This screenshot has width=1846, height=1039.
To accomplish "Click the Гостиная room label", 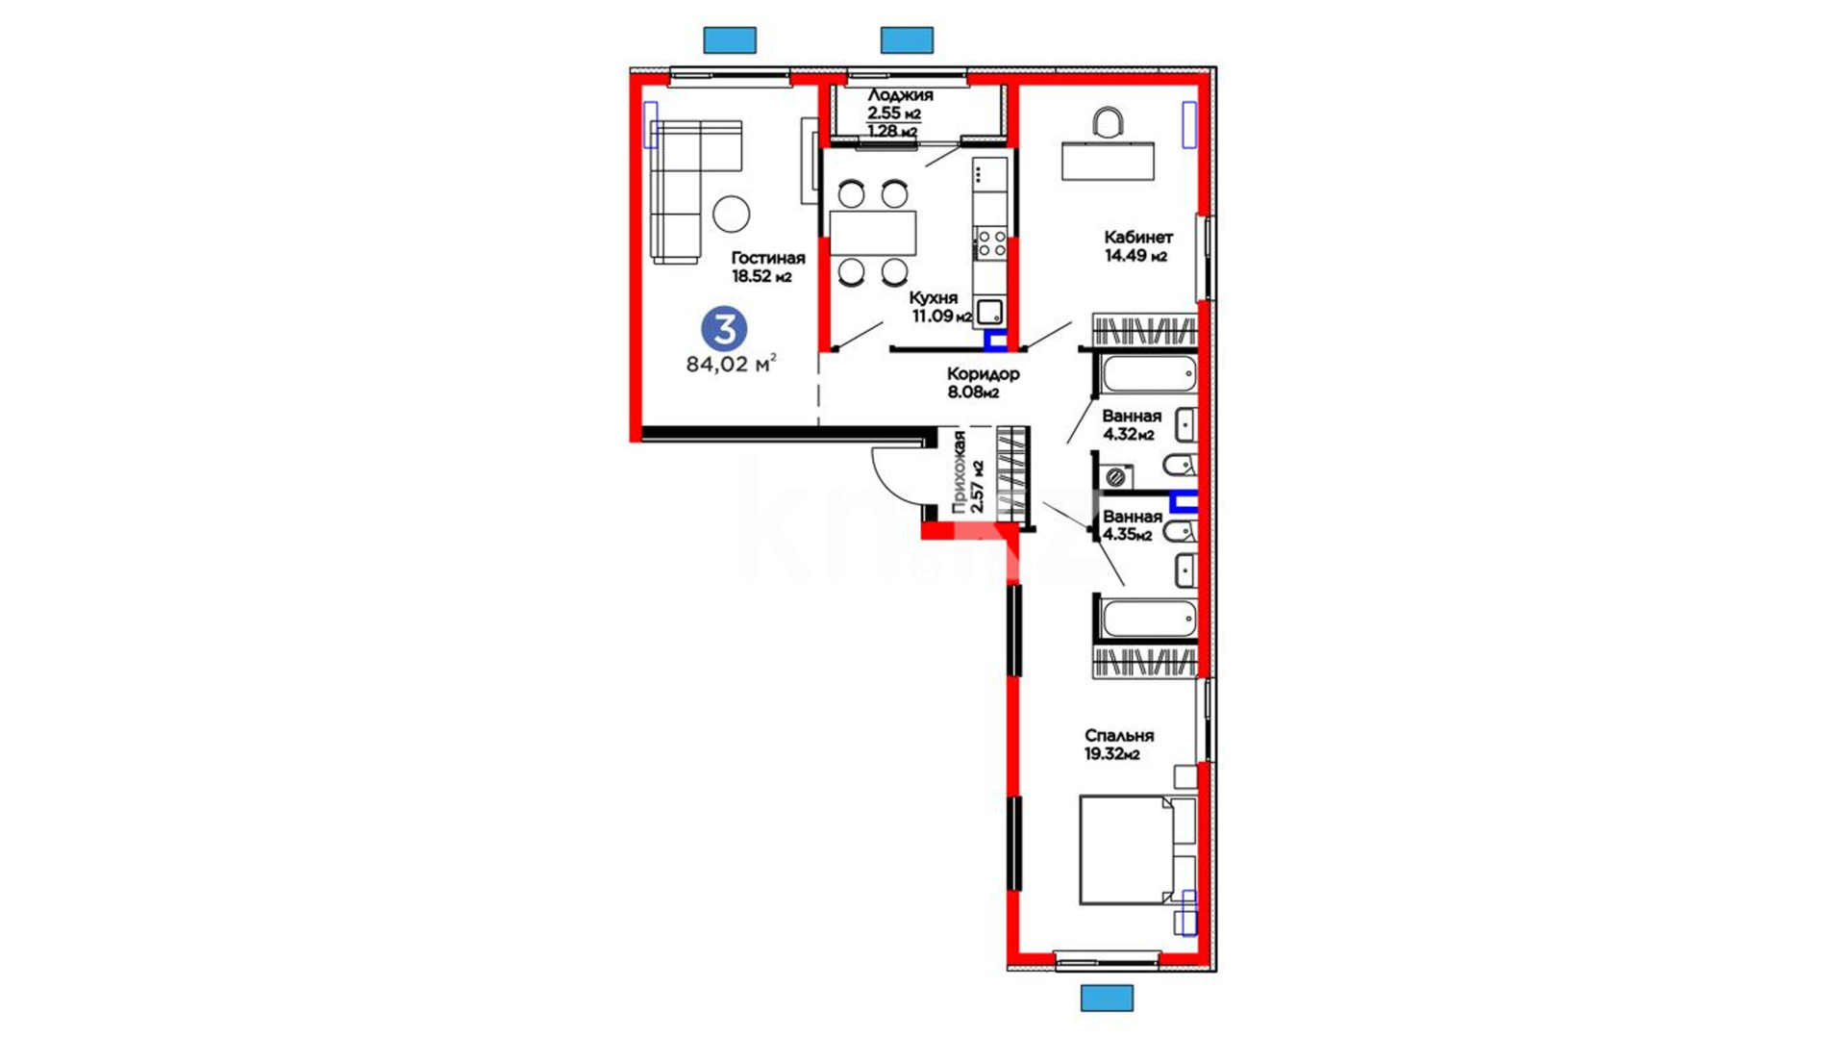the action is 767,258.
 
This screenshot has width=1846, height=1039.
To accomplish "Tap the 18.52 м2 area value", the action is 761,277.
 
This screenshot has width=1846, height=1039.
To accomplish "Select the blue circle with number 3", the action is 724,329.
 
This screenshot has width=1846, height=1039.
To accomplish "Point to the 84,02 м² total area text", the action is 731,365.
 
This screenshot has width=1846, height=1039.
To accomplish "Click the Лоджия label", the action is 900,95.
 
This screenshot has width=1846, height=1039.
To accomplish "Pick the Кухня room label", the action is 933,298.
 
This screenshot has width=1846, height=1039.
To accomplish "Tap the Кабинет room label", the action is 1138,237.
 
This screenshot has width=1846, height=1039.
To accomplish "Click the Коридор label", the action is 983,373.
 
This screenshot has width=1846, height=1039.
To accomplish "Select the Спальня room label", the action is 1119,736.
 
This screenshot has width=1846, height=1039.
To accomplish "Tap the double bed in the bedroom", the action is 1137,849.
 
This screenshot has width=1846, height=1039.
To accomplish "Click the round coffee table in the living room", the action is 732,214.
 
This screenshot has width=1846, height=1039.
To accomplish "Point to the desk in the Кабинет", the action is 1108,161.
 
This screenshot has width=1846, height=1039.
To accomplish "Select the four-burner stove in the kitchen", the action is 991,243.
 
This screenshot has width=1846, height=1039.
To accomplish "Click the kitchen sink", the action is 990,312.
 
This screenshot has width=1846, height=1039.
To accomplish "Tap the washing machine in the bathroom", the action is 1116,476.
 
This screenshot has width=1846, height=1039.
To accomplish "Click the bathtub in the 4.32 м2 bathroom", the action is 1150,374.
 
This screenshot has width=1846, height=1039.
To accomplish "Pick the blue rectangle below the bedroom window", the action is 1107,998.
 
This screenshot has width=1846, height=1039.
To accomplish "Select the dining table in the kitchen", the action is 873,233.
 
